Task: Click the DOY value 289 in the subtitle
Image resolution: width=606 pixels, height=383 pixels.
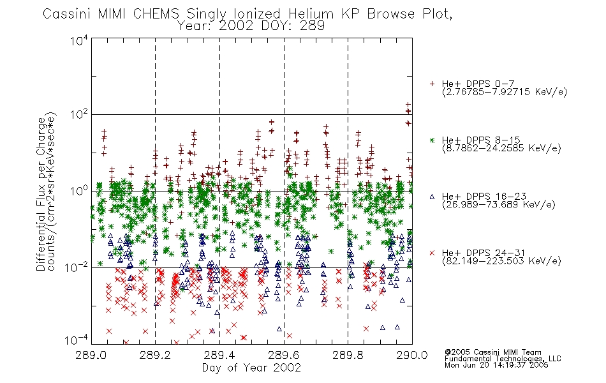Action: click(x=312, y=26)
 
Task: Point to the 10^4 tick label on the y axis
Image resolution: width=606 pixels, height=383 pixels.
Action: click(x=79, y=40)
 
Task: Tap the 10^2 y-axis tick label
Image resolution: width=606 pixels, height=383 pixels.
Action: click(x=79, y=114)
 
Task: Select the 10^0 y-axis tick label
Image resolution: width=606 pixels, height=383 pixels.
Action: click(x=79, y=191)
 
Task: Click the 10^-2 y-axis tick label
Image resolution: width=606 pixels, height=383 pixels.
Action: click(x=77, y=267)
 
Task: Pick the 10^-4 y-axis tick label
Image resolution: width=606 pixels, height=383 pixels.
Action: click(x=77, y=340)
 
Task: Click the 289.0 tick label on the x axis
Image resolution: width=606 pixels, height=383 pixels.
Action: click(x=91, y=355)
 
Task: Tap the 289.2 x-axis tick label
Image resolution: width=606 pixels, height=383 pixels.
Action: click(x=156, y=355)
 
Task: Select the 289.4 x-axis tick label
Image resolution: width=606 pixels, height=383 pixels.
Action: click(x=219, y=355)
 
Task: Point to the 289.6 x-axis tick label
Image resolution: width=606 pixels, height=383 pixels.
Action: click(x=284, y=355)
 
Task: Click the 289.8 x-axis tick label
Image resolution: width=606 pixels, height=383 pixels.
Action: click(x=348, y=355)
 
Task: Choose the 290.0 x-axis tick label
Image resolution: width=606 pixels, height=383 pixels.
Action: click(x=412, y=355)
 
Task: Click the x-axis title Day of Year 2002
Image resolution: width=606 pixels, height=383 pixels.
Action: click(x=251, y=368)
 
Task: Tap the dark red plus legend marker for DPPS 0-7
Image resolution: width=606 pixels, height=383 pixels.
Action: click(x=432, y=84)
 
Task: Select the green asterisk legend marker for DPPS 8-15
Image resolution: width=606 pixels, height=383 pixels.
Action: click(x=432, y=140)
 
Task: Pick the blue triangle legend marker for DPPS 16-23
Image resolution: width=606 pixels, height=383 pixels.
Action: click(x=432, y=197)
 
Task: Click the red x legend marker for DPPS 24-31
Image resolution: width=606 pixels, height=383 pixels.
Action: click(x=432, y=253)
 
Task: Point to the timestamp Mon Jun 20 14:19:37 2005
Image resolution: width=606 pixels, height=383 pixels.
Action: click(x=496, y=365)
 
